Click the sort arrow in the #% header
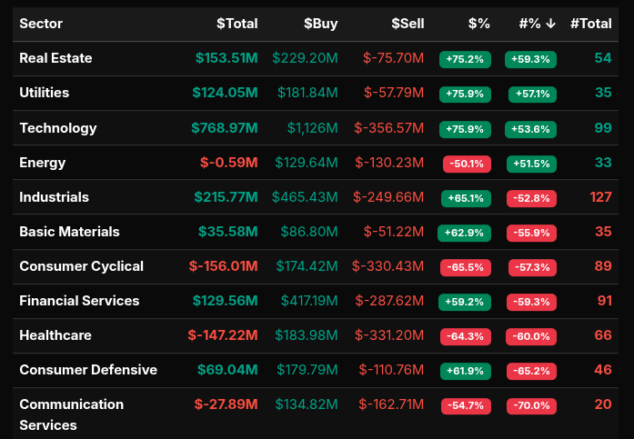551,24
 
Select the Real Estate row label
55,58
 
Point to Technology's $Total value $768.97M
224,128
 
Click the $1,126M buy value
312,128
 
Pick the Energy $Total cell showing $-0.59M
228,163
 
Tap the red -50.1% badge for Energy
466,164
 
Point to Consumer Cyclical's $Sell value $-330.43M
388,266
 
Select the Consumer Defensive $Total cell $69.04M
227,370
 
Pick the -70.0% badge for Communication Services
531,405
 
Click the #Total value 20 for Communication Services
603,404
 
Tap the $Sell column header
408,24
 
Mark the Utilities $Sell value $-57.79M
393,93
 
